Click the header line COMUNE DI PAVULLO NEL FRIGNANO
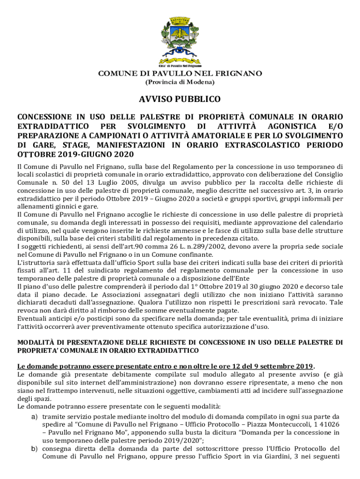(x=180, y=73)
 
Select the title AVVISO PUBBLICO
(x=180, y=100)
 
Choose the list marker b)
(x=34, y=449)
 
